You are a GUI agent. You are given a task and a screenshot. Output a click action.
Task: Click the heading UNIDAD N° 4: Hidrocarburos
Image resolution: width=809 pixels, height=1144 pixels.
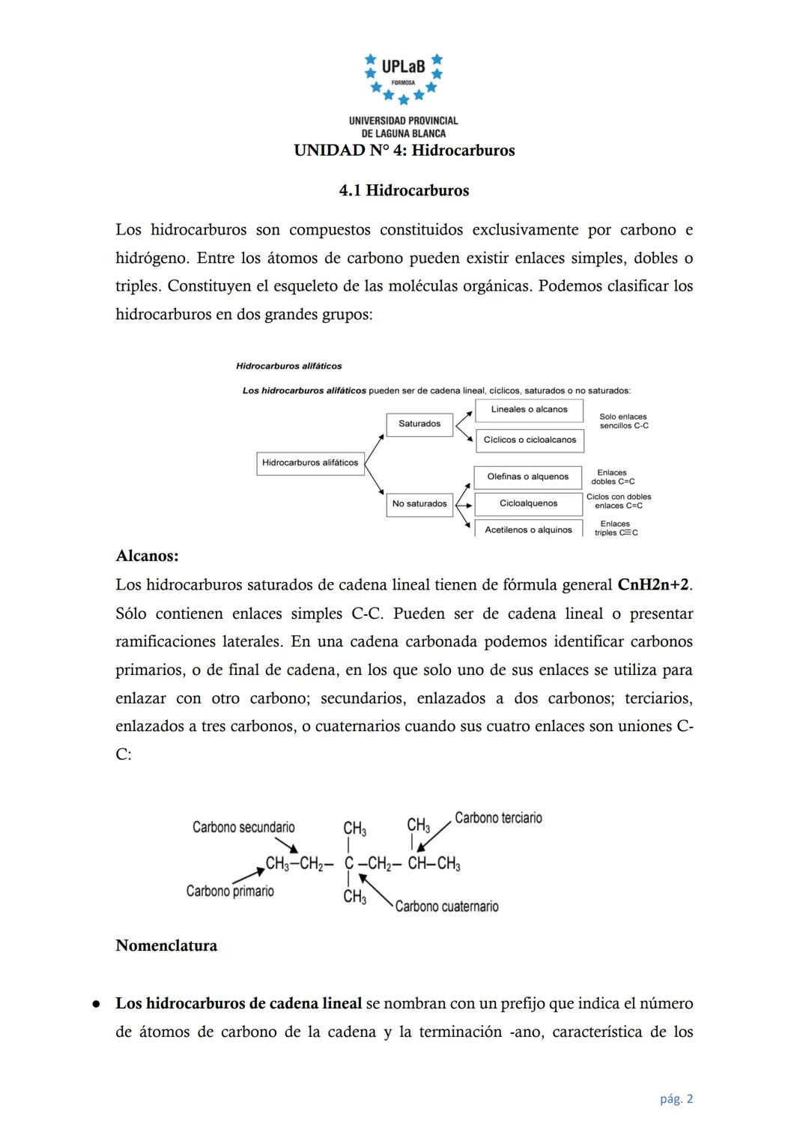pyautogui.click(x=404, y=151)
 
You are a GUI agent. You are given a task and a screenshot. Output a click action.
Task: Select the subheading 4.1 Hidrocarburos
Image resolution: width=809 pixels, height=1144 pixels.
pyautogui.click(x=404, y=190)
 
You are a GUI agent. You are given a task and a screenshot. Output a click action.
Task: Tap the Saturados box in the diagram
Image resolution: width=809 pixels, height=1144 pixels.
pyautogui.click(x=419, y=424)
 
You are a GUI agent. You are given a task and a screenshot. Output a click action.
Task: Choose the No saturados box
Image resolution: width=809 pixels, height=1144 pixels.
pyautogui.click(x=419, y=503)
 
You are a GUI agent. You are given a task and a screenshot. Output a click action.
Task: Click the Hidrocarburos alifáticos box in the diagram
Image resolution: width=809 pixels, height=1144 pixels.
pyautogui.click(x=310, y=463)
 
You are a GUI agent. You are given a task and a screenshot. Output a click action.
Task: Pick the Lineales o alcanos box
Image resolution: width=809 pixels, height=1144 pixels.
pyautogui.click(x=529, y=410)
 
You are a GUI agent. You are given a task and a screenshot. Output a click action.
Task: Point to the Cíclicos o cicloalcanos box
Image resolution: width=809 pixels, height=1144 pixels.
pyautogui.click(x=530, y=440)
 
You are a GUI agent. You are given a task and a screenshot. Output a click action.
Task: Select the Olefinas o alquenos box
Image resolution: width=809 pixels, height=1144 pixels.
pyautogui.click(x=528, y=476)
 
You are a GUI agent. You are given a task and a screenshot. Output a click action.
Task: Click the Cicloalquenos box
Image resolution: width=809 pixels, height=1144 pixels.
pyautogui.click(x=528, y=503)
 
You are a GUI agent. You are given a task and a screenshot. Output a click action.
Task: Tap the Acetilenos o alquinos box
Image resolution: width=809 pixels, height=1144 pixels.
pyautogui.click(x=528, y=529)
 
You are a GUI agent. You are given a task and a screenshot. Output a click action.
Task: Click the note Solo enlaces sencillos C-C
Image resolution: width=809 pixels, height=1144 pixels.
pyautogui.click(x=623, y=421)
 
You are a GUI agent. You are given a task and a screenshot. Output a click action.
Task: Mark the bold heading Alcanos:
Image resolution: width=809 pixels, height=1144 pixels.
pyautogui.click(x=147, y=556)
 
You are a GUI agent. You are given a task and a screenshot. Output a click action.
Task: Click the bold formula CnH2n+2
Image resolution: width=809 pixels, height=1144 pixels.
pyautogui.click(x=652, y=584)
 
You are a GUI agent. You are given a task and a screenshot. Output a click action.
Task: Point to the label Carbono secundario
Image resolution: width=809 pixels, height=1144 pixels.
pyautogui.click(x=243, y=827)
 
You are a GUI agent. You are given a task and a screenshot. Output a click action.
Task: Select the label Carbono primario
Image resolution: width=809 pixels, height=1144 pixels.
pyautogui.click(x=230, y=891)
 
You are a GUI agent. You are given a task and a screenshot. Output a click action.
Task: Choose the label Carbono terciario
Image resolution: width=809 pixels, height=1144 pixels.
pyautogui.click(x=498, y=818)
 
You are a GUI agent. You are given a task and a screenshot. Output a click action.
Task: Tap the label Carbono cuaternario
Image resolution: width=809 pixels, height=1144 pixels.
pyautogui.click(x=446, y=907)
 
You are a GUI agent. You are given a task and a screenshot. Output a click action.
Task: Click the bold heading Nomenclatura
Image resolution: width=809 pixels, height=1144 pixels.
pyautogui.click(x=166, y=945)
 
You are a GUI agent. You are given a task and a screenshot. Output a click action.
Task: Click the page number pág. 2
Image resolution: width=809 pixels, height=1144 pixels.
pyautogui.click(x=676, y=1099)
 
